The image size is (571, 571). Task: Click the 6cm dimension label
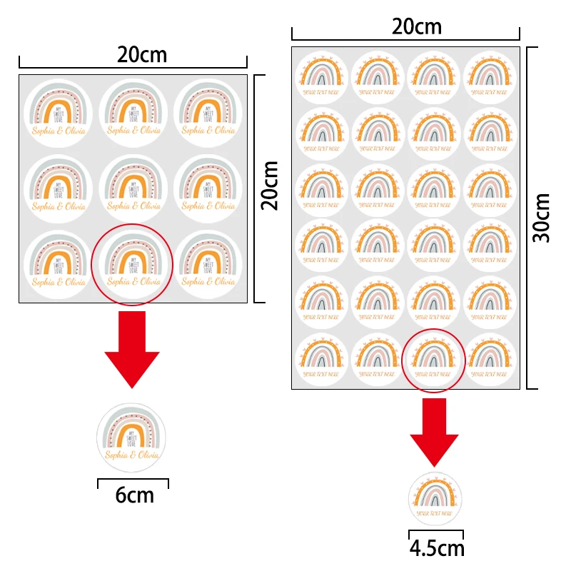(134, 495)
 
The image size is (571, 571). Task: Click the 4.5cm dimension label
(436, 548)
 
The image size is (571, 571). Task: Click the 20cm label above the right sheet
(417, 27)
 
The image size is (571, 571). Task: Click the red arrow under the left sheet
(132, 349)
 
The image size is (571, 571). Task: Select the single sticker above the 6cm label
(131, 437)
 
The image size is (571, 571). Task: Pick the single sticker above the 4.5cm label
(435, 499)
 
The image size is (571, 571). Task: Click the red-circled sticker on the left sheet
(133, 263)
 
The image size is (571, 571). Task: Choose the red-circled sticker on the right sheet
(434, 359)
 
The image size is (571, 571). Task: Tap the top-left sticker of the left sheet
(58, 112)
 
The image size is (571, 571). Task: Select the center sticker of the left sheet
(133, 188)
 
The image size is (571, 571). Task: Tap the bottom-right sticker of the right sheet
(490, 359)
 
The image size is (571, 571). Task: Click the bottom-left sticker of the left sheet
(58, 263)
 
